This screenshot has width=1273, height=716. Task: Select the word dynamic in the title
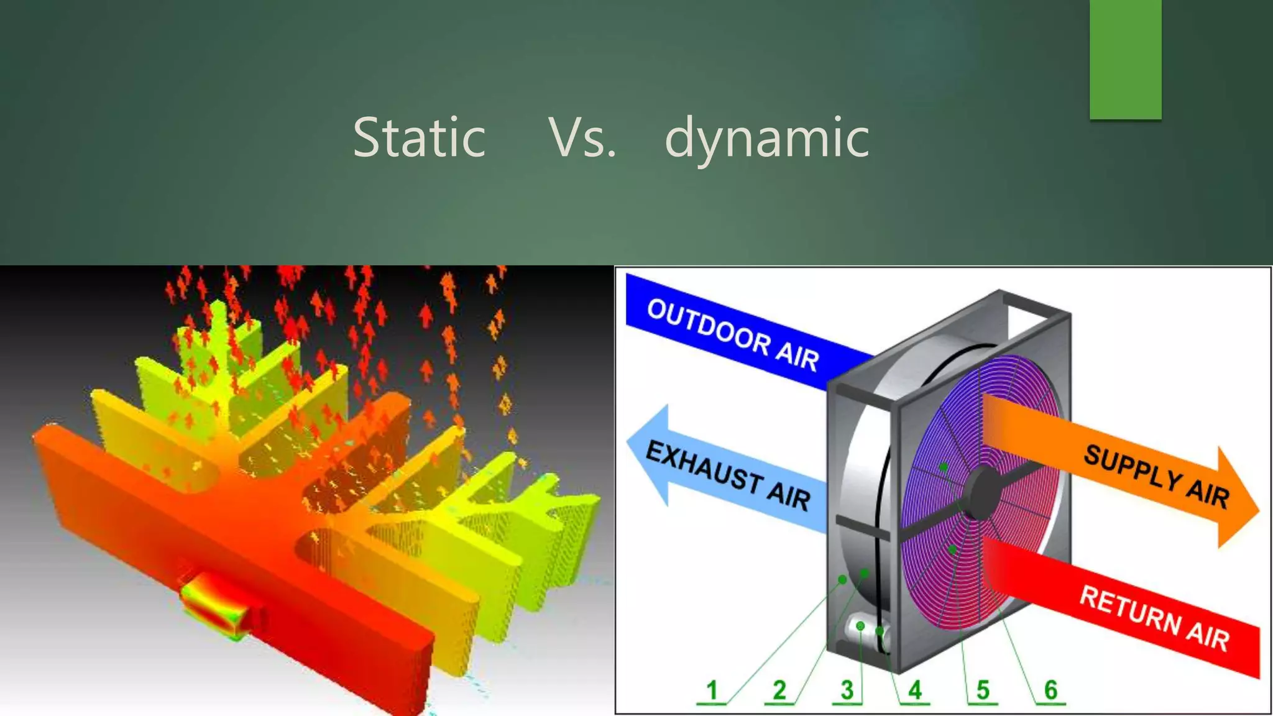tap(767, 138)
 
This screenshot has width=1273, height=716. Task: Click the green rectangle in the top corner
tap(1125, 58)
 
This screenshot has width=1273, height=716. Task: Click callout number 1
tap(712, 690)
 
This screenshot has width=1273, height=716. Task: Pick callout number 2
tap(779, 690)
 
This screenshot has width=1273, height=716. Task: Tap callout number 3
tap(847, 690)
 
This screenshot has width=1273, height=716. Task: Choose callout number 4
tap(914, 690)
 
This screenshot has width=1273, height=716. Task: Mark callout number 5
tap(982, 690)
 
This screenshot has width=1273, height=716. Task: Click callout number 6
tap(1050, 690)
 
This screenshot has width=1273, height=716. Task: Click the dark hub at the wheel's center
tap(982, 492)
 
